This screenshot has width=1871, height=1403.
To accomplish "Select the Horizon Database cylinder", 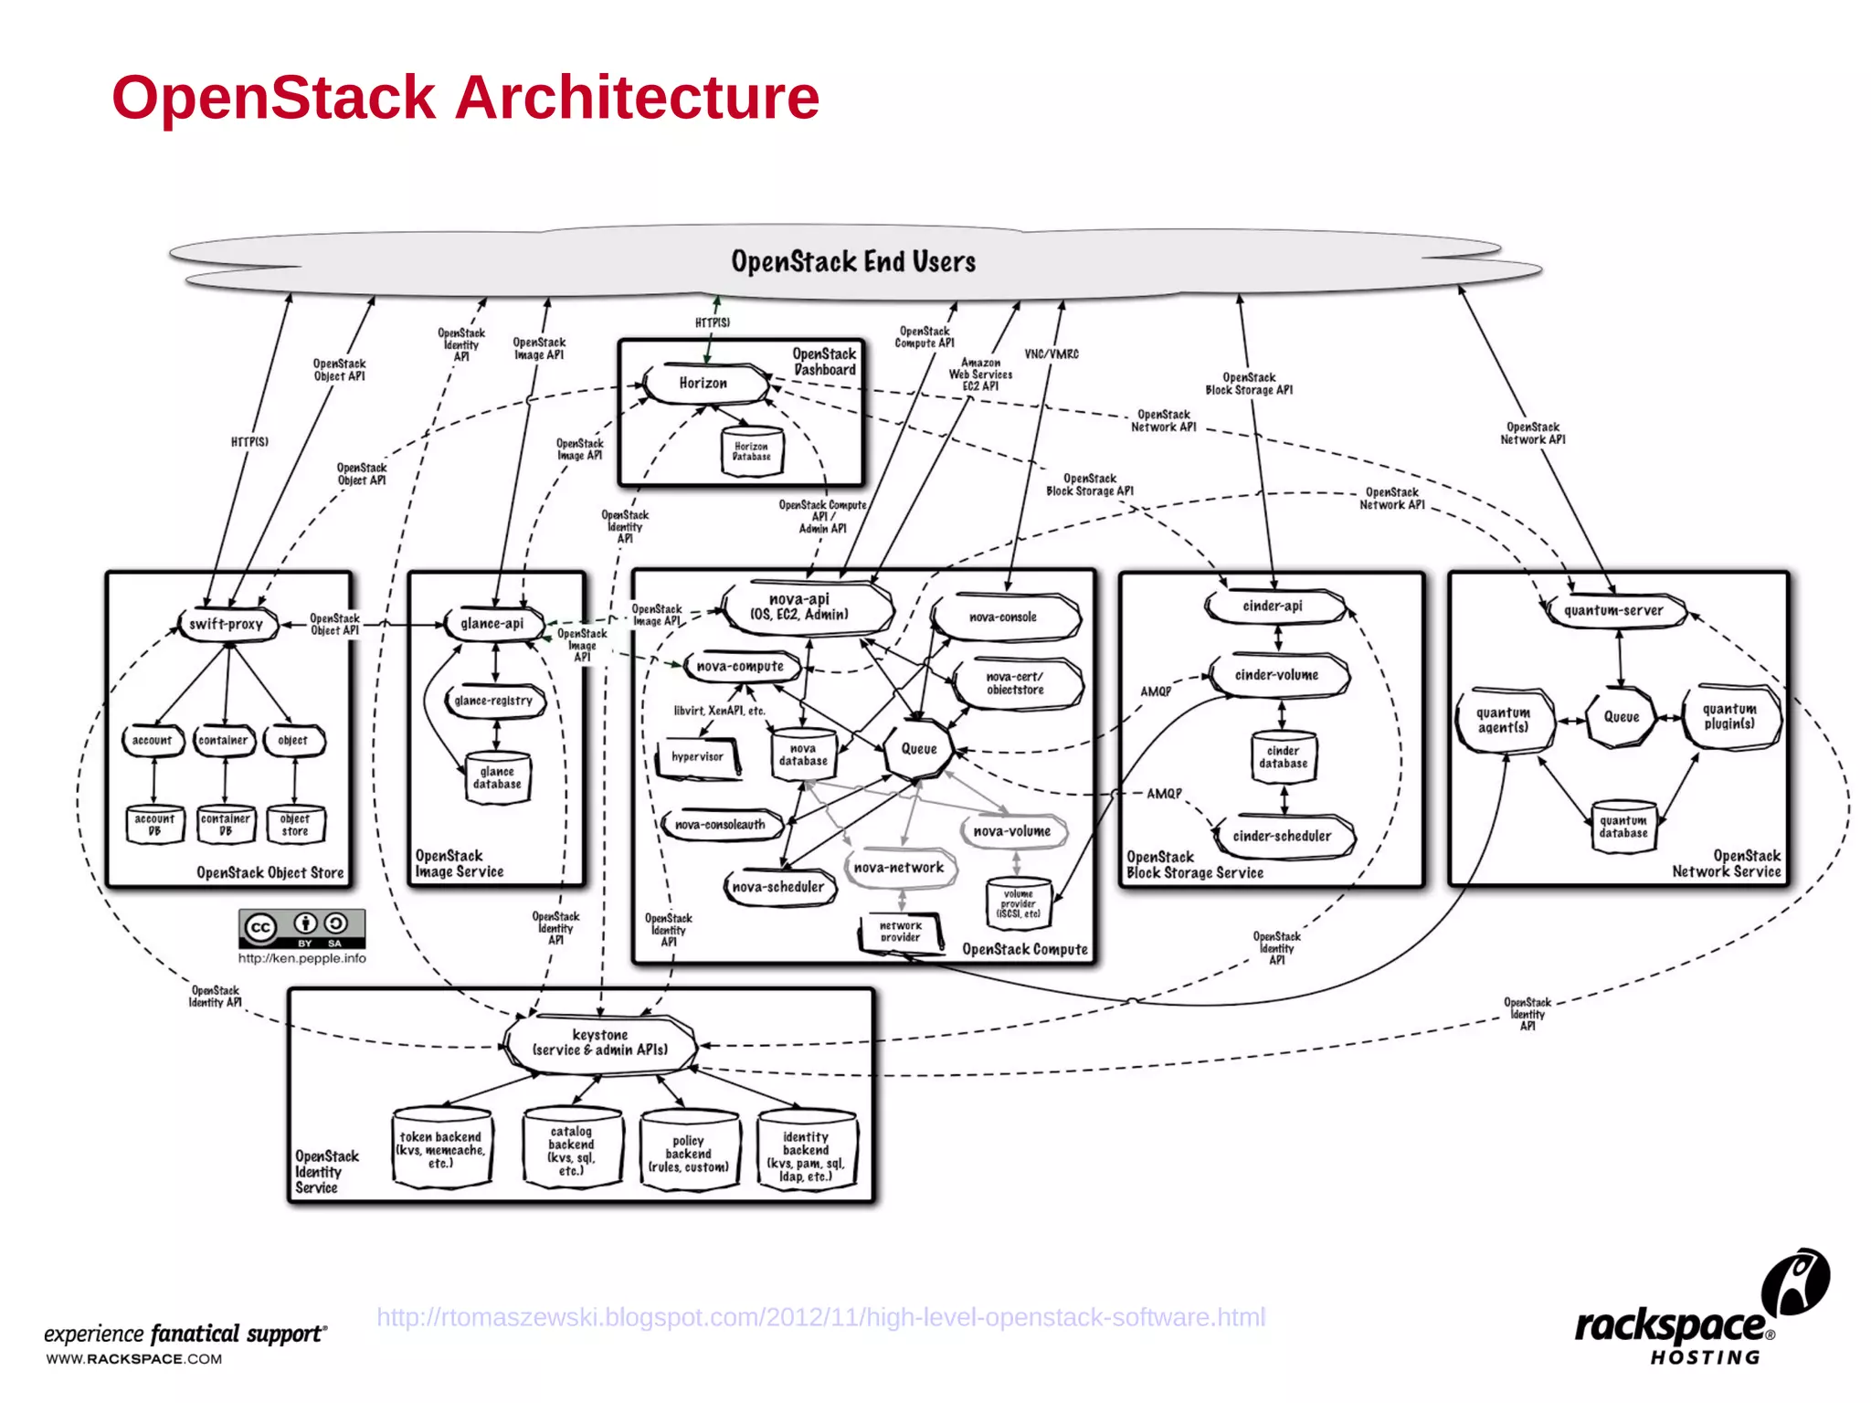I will tap(751, 451).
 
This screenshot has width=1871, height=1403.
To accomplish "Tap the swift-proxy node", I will tap(227, 625).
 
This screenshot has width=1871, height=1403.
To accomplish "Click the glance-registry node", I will tap(494, 701).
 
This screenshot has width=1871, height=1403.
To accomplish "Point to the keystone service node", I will tap(600, 1042).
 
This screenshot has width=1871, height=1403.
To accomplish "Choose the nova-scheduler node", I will tap(778, 887).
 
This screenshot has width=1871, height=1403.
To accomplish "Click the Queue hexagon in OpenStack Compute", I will tap(919, 749).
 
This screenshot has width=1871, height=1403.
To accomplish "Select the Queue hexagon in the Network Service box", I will tap(1622, 717).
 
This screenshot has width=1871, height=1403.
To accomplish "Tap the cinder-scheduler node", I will tap(1282, 836).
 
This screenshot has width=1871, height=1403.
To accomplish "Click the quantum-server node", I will tap(1614, 610).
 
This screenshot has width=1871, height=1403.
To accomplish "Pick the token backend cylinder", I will tap(441, 1150).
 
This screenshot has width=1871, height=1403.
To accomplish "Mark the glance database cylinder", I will tap(497, 778).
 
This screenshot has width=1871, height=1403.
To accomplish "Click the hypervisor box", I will tap(698, 757).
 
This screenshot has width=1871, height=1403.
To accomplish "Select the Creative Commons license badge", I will tap(301, 928).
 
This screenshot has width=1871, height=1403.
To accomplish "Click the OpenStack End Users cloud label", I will tap(853, 262).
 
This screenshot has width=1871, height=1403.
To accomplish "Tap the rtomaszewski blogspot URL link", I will tap(820, 1317).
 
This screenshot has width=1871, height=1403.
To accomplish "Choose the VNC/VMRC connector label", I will tap(1051, 354).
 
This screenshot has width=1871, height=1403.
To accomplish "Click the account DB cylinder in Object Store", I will tap(154, 825).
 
